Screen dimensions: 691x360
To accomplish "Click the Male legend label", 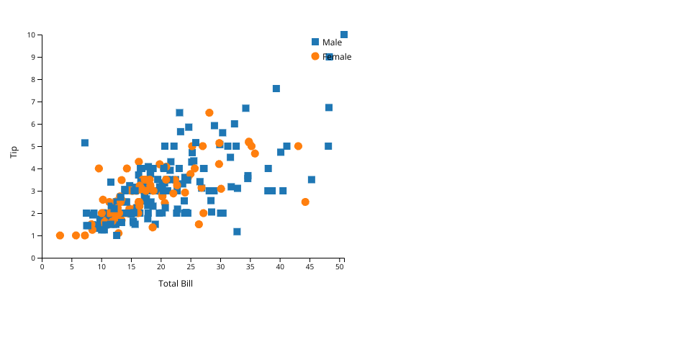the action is point(332,42).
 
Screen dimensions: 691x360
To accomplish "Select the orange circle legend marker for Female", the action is point(315,56).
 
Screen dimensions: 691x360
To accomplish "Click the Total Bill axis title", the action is point(176,284).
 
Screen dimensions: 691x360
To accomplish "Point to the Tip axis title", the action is point(14,152).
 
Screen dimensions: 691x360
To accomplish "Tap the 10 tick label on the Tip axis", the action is point(31,35).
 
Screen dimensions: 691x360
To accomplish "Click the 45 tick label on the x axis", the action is point(310,267).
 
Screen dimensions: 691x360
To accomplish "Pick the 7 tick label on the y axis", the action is point(33,102).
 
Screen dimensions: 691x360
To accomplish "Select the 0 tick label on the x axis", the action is point(42,267).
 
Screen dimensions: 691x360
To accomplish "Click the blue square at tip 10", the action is point(344,35).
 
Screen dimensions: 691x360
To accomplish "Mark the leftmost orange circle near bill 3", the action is point(60,235).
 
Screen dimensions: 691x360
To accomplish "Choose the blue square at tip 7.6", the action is point(276,89).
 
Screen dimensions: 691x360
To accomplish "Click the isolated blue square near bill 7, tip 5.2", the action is point(85,143).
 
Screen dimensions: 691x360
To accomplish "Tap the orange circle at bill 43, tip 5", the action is point(298,146).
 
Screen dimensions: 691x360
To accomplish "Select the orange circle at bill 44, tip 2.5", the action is point(305,202).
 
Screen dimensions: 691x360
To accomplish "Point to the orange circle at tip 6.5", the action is point(209,113).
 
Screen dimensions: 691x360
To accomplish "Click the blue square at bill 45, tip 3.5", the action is point(312,179).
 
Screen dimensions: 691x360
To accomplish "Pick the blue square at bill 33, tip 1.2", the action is point(237,232).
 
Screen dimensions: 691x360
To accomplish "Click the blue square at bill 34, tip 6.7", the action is point(246,109).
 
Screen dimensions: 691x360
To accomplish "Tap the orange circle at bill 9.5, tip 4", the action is point(99,168).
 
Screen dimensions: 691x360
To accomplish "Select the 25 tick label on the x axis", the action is point(191,267).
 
